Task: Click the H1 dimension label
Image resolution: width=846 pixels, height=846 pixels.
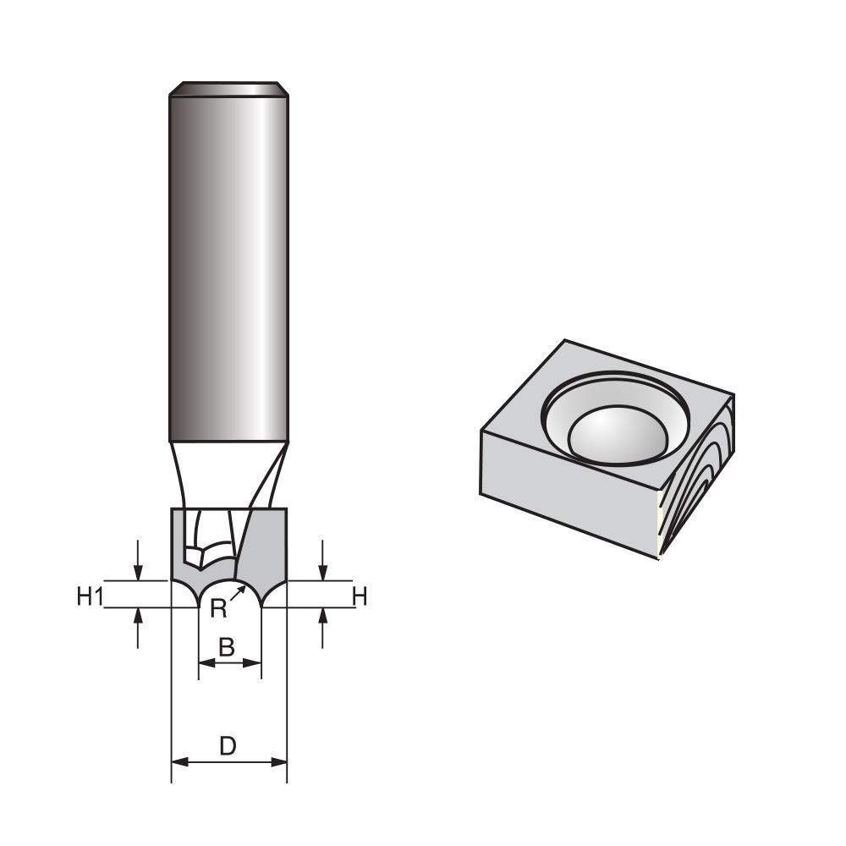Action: (x=89, y=597)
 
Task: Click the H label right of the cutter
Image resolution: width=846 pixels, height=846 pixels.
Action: (x=360, y=597)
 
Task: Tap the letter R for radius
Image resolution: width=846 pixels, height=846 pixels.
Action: (x=217, y=609)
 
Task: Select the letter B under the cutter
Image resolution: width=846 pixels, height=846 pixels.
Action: (x=226, y=648)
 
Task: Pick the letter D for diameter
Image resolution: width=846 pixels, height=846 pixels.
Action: (x=228, y=746)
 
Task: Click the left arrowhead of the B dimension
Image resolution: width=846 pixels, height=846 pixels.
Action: (x=204, y=664)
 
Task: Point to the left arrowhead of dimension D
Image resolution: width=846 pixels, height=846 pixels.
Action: (x=179, y=762)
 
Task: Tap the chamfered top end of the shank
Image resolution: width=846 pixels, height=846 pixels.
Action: (x=228, y=89)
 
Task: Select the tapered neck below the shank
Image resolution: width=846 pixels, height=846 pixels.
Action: (x=228, y=474)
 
